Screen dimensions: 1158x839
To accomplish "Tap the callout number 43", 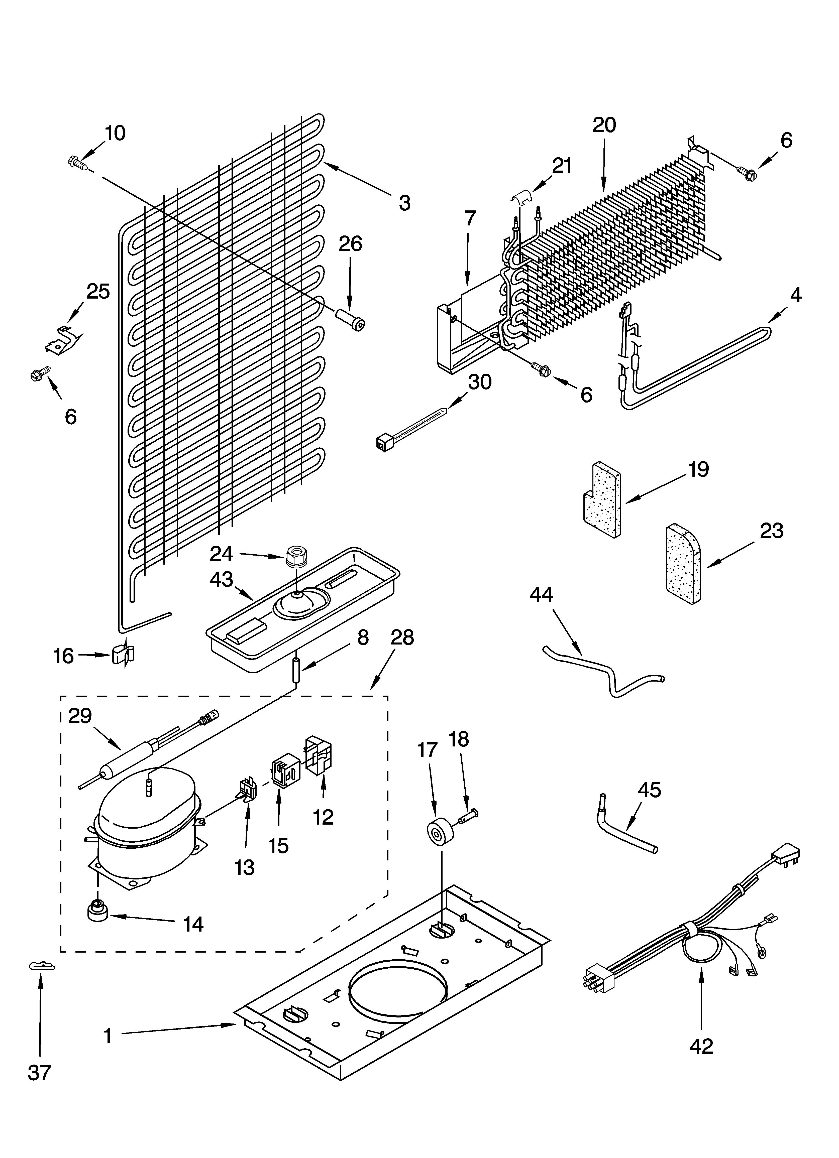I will click(221, 580).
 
